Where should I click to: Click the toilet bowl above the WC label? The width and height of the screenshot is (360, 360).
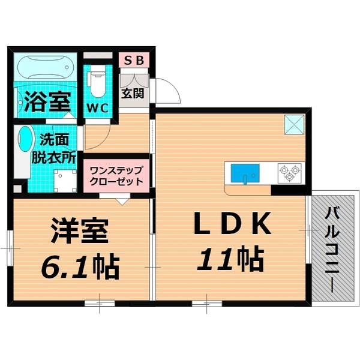pyautogui.click(x=97, y=80)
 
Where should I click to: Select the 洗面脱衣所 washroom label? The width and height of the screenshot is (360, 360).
pyautogui.click(x=58, y=149)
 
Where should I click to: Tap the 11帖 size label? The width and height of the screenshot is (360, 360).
pyautogui.click(x=232, y=259)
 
